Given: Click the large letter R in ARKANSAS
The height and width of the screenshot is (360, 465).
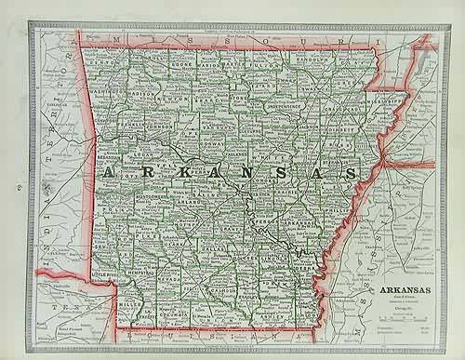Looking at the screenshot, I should (137, 173).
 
